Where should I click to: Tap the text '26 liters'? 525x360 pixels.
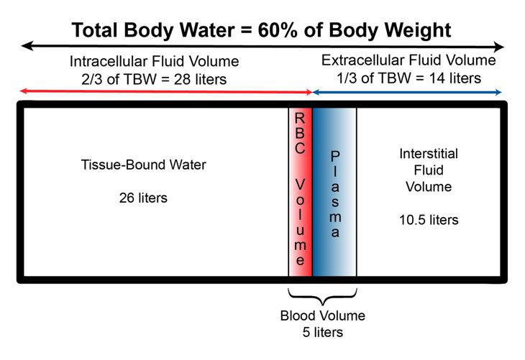(143, 197)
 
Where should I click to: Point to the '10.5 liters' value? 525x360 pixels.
(428, 219)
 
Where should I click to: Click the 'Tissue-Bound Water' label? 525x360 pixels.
(143, 165)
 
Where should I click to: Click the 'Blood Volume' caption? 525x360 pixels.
(322, 315)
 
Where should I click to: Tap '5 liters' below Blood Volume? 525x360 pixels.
(322, 332)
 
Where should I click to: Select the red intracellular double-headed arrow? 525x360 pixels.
(165, 92)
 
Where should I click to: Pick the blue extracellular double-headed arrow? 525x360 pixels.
(407, 92)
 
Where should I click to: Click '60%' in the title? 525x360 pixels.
(271, 30)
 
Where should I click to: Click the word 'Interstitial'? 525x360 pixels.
(429, 153)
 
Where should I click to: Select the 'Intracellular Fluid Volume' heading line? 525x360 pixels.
(154, 61)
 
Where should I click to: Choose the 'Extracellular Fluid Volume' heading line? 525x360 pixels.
(408, 60)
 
